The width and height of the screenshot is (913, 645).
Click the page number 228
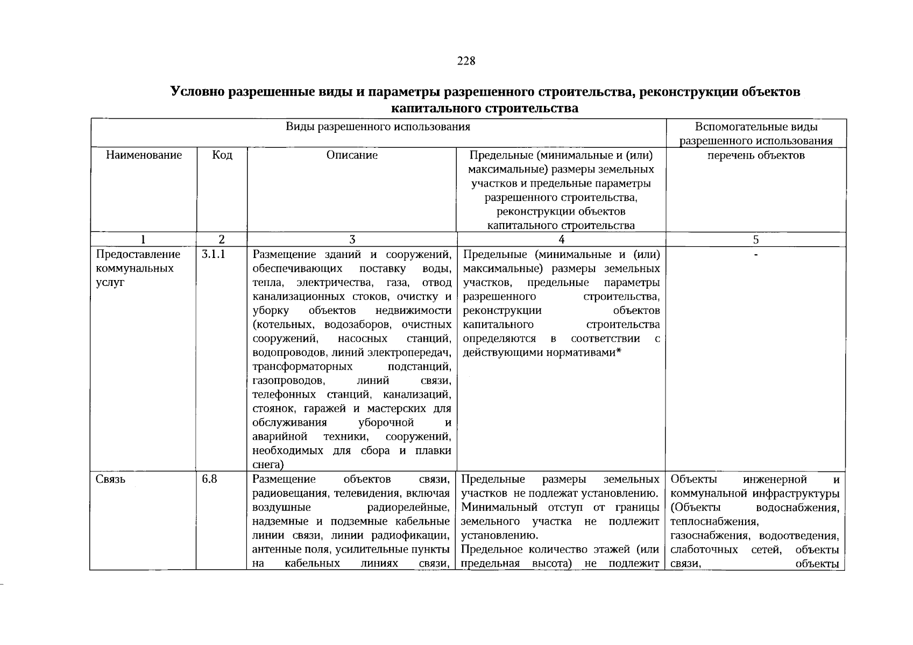click(x=466, y=61)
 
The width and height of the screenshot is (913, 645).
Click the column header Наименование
click(x=144, y=155)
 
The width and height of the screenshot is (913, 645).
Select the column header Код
click(x=222, y=155)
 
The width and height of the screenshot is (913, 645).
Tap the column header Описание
click(x=352, y=155)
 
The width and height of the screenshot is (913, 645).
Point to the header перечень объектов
click(x=756, y=155)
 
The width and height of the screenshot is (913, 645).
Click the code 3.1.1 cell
click(x=213, y=254)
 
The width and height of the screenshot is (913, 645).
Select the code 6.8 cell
click(x=209, y=479)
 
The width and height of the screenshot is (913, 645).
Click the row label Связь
click(x=110, y=479)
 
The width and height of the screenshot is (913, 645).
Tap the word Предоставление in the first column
click(x=138, y=254)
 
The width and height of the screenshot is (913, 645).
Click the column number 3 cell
click(x=352, y=240)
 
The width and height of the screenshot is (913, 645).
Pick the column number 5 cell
click(x=756, y=240)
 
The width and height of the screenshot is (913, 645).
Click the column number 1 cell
click(x=143, y=240)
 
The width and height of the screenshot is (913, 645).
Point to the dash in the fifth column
click(x=756, y=254)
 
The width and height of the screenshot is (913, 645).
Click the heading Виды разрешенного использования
click(x=378, y=127)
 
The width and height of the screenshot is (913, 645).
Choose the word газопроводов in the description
click(x=288, y=381)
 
